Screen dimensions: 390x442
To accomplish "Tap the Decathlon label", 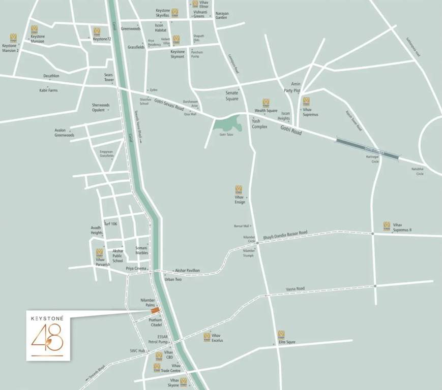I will (51, 76).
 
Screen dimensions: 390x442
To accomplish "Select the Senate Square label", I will (232, 95).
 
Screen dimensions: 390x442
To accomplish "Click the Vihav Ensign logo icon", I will (239, 189).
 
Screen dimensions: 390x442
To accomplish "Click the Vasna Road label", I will (294, 288).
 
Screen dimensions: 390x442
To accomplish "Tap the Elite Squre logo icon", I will (281, 334).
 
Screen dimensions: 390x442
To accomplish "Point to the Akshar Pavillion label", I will (187, 271).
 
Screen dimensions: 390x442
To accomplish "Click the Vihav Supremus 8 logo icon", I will (387, 225).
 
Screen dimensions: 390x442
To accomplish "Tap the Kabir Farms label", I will (49, 90).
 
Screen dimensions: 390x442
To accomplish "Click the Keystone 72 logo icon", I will (97, 32).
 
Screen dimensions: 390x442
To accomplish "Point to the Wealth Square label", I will (266, 110).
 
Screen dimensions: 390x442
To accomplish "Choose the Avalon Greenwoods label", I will (65, 133).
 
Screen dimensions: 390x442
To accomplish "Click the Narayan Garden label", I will (222, 15).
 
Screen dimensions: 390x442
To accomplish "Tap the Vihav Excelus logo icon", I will (207, 337).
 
